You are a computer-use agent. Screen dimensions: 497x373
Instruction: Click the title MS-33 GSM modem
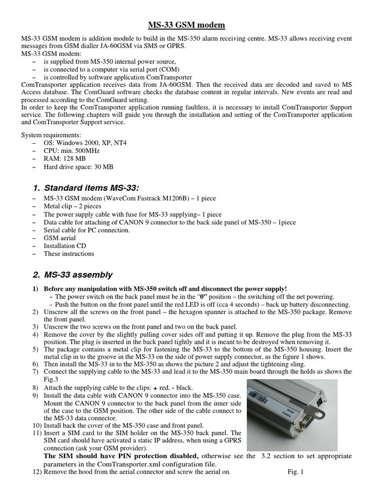coord(186,25)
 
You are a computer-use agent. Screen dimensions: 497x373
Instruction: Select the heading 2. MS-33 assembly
coord(78,275)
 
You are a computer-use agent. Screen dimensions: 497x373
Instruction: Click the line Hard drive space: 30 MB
coord(78,166)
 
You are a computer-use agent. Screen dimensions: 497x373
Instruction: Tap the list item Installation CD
coord(65,246)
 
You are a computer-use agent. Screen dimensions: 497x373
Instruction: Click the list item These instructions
coord(69,253)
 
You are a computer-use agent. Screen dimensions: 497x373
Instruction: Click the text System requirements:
coord(51,135)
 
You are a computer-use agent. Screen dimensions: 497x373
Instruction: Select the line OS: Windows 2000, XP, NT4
coord(85,143)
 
